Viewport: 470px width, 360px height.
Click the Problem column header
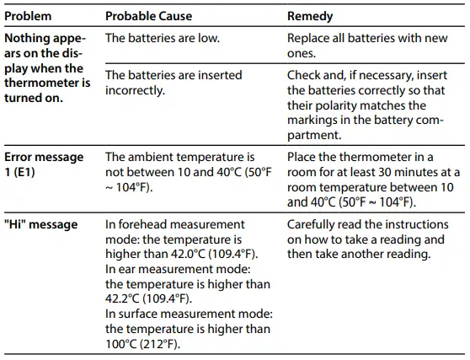click(x=28, y=16)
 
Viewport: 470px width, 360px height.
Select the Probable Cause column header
click(x=148, y=16)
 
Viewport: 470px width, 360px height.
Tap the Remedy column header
click(x=309, y=16)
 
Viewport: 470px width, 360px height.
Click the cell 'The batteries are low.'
click(x=163, y=39)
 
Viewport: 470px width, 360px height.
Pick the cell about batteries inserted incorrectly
click(x=173, y=83)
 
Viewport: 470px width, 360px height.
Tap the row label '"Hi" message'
click(x=40, y=224)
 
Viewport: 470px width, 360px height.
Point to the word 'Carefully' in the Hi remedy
click(x=312, y=224)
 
